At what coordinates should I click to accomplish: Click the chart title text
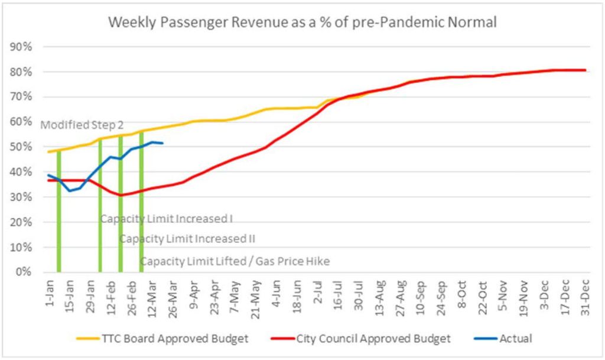pyautogui.click(x=302, y=23)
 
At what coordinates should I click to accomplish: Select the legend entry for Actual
pyautogui.click(x=515, y=339)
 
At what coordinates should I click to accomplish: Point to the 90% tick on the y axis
pyautogui.click(x=21, y=47)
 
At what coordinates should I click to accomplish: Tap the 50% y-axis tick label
pyautogui.click(x=21, y=147)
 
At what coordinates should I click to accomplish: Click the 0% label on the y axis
pyautogui.click(x=24, y=273)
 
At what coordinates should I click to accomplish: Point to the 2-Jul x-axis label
pyautogui.click(x=318, y=291)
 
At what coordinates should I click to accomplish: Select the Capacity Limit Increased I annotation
pyautogui.click(x=166, y=219)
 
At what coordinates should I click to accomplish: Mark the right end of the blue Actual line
pyautogui.click(x=162, y=143)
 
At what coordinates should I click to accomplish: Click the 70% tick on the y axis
pyautogui.click(x=21, y=97)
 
